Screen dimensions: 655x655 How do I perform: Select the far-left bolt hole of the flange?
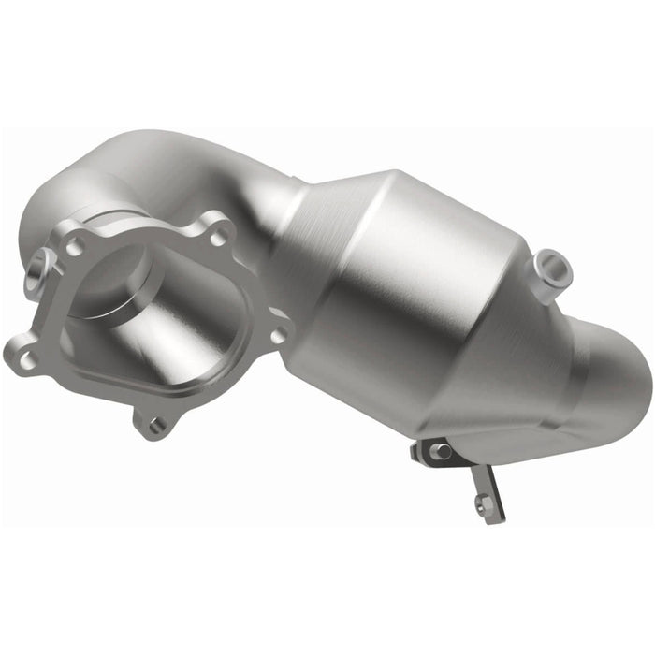26,356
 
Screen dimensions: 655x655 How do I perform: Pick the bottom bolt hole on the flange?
155,425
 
